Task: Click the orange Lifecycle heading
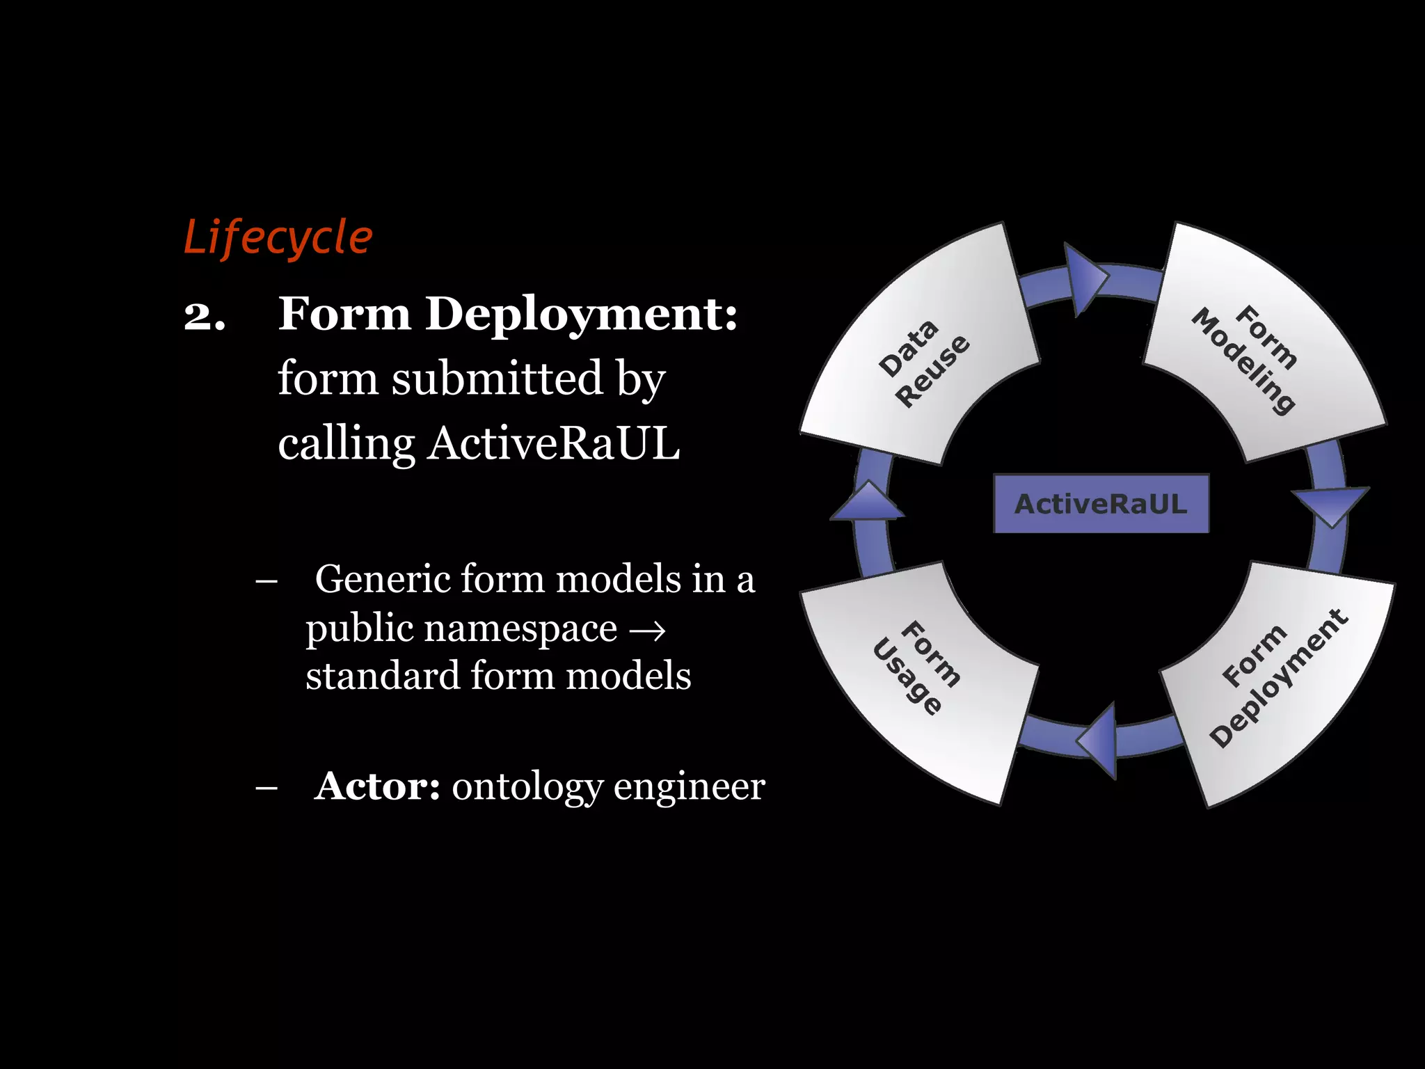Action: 278,238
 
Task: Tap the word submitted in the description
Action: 497,379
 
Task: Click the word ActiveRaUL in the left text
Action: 553,443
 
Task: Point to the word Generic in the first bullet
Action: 382,579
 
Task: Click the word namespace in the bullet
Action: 520,628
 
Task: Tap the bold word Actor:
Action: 377,786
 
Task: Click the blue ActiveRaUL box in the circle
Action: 1101,504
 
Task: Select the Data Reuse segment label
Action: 923,363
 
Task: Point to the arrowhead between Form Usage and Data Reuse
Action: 868,502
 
